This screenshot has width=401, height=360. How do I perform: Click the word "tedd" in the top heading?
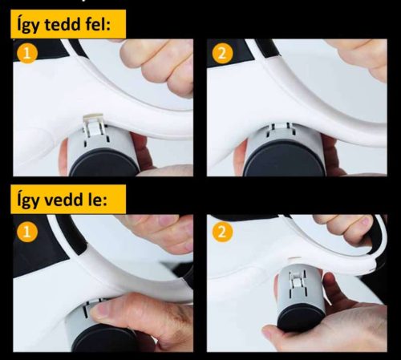(62, 25)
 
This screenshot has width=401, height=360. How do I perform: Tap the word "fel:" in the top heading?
(98, 24)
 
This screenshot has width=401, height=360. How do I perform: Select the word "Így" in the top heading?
(28, 25)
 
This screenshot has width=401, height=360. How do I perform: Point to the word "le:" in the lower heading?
(98, 199)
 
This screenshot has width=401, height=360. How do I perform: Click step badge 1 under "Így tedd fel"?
(27, 54)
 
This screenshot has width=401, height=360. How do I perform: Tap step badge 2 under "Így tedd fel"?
(222, 53)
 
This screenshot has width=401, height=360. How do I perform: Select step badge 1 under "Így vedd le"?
(27, 232)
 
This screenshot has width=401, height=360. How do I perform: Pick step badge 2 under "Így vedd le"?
(222, 232)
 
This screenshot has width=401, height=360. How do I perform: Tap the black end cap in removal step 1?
(107, 340)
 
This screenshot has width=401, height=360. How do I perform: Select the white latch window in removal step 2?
(296, 281)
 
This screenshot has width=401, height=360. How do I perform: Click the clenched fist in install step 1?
(158, 66)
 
